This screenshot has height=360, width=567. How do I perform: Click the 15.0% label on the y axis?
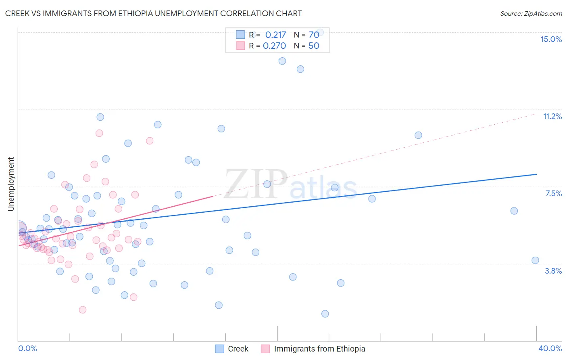coord(551,39)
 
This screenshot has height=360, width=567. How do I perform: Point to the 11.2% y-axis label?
coord(552,116)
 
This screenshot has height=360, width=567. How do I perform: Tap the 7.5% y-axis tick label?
coord(553,193)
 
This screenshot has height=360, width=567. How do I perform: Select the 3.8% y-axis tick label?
coord(553,271)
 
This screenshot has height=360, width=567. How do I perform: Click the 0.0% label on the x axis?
coord(27,348)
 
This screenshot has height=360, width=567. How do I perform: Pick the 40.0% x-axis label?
coord(550,348)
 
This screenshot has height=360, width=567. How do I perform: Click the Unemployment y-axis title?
coord(11,184)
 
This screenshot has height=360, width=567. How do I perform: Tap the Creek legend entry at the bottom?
coord(238,349)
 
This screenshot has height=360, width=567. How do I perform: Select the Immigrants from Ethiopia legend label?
coord(319,349)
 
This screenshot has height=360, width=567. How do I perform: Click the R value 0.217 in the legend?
coord(275,35)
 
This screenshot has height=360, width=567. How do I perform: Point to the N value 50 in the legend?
coord(314,46)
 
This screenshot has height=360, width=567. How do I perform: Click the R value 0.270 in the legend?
coord(274,46)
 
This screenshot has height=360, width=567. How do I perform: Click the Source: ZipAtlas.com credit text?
coord(531,13)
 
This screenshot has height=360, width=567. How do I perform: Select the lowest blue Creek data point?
coord(325,314)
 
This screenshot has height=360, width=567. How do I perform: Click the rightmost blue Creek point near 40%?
coord(535,260)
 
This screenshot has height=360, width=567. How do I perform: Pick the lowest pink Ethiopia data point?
coord(83,310)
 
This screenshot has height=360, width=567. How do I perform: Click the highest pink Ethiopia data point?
coord(99,133)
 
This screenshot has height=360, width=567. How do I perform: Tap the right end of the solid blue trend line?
coord(536,174)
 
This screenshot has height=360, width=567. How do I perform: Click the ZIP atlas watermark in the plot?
coord(290,184)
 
